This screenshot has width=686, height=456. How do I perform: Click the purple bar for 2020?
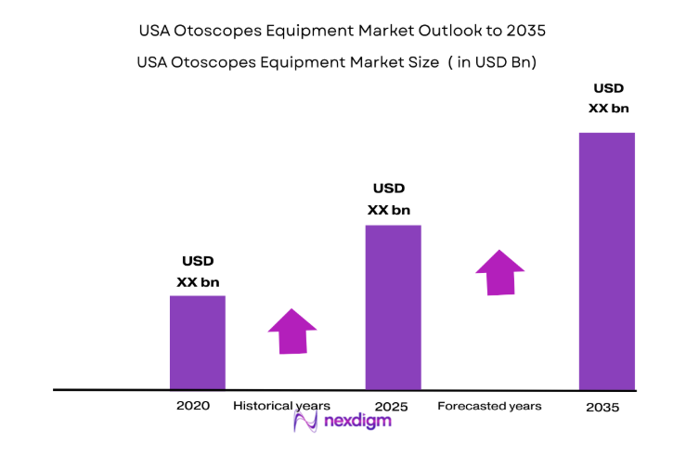(x=197, y=342)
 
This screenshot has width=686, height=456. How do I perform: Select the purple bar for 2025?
(x=393, y=306)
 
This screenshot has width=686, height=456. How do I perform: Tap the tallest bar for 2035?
(x=606, y=260)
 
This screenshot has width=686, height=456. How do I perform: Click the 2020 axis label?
(x=193, y=406)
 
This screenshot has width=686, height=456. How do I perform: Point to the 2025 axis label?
(x=392, y=407)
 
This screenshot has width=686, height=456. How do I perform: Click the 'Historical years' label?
(x=281, y=406)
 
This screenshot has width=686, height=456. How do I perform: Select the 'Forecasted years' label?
(x=489, y=406)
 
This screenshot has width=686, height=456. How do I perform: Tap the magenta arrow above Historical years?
(x=292, y=331)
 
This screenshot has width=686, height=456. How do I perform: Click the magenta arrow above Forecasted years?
(x=499, y=272)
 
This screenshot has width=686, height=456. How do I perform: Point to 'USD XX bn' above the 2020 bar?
(x=198, y=271)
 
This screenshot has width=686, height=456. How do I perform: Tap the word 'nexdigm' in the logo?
(x=357, y=422)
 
